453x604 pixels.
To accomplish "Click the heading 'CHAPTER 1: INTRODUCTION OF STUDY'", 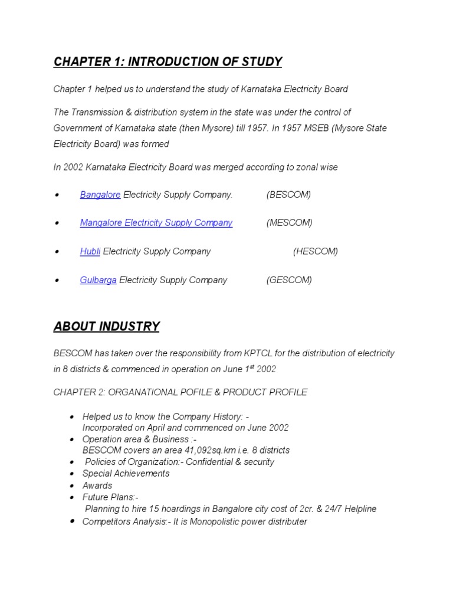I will (x=168, y=62).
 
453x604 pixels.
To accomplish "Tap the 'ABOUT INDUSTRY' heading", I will (x=106, y=326).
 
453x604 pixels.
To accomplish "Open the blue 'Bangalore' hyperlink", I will (x=100, y=195).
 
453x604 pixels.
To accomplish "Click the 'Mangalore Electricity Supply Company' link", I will (x=156, y=223).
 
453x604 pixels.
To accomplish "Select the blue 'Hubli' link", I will (x=90, y=251).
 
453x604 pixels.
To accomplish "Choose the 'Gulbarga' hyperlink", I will (x=98, y=280).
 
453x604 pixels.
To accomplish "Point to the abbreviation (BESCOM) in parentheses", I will (x=288, y=195).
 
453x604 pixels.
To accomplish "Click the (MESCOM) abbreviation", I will (x=289, y=223).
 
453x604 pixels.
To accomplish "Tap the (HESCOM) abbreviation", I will (x=316, y=251).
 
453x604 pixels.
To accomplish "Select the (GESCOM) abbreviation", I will (x=289, y=280).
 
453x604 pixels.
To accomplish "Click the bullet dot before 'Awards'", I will (x=71, y=486).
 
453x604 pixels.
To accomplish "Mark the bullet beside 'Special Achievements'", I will (x=71, y=474).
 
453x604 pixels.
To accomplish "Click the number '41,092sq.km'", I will (x=175, y=450).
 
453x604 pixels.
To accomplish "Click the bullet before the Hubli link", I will (x=57, y=252).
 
